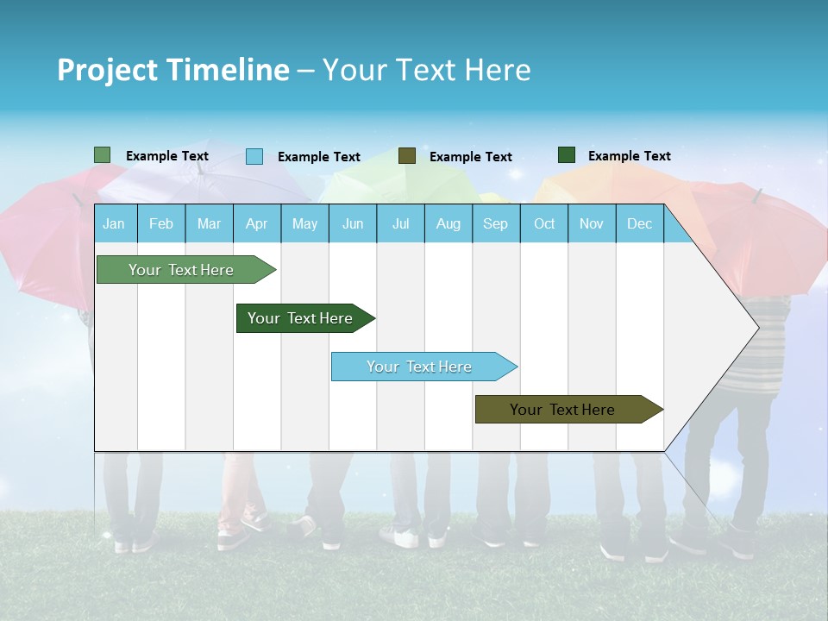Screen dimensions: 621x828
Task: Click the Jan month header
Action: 114,224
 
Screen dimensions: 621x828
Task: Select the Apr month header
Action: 256,224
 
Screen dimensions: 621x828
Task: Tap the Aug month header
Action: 448,224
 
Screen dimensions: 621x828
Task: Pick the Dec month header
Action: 639,224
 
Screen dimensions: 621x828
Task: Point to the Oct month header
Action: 544,224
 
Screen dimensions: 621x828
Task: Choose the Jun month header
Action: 353,224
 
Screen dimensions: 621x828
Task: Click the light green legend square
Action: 102,155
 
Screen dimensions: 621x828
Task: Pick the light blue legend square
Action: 254,156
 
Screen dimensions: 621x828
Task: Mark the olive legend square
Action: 407,156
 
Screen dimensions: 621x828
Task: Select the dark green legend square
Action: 567,155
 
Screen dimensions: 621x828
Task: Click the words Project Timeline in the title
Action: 172,70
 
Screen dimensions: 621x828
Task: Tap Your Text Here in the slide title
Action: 426,70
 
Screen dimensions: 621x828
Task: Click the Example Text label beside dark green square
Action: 629,156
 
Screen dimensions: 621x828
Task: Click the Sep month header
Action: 495,224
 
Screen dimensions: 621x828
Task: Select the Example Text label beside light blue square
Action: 318,157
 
